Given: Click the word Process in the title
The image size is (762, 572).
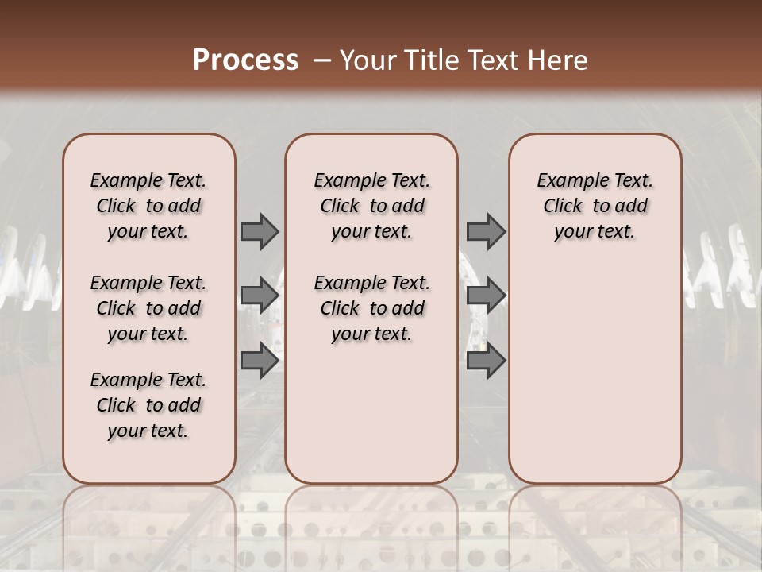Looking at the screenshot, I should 245,60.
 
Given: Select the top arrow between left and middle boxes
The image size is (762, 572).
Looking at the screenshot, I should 259,232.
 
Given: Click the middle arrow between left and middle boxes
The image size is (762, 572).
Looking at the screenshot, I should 259,296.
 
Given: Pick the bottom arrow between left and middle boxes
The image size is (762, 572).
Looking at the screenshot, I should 259,361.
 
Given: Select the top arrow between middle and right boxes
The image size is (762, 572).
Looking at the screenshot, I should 486,232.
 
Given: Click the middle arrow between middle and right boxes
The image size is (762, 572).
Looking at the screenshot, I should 486,296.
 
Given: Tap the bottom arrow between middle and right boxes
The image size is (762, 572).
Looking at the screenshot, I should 486,361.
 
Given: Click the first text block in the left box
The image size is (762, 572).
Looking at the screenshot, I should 148,206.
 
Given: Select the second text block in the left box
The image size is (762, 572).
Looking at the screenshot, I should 148,308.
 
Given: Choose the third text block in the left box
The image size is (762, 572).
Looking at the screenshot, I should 148,405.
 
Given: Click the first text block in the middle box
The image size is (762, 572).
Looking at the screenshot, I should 371,206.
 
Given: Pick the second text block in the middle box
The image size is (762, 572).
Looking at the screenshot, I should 371,308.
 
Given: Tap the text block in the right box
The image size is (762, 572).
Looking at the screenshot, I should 595,206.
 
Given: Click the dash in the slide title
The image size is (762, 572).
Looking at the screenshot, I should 321,60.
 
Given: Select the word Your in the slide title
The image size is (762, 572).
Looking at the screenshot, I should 363,60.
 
